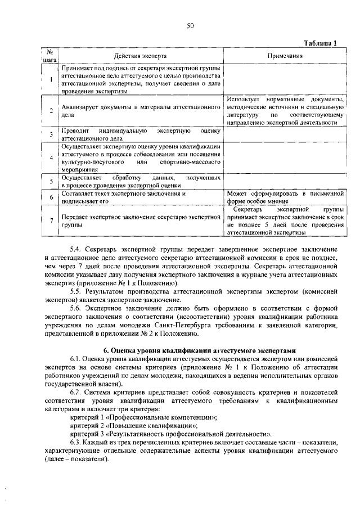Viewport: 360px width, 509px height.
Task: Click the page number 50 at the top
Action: point(190,25)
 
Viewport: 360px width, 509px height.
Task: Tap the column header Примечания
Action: point(285,56)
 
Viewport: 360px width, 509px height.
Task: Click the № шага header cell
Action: point(51,56)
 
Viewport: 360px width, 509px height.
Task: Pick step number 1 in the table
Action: point(51,79)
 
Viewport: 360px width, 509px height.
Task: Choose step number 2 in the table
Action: point(51,110)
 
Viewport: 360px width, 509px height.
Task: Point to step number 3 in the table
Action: point(51,134)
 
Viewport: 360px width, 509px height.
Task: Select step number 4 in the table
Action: point(51,157)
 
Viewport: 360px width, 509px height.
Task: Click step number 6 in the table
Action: point(51,197)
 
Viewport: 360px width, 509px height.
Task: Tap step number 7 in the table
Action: point(51,220)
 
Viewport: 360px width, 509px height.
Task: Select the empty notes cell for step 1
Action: point(285,79)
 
